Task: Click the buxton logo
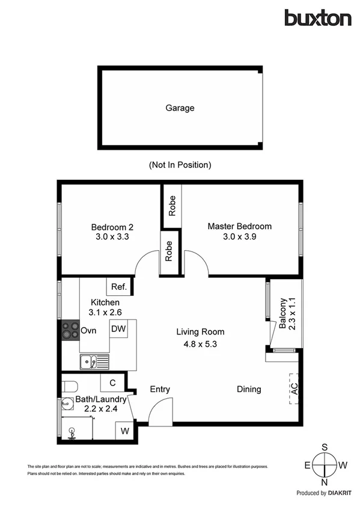click(x=317, y=17)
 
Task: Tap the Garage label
click(x=180, y=108)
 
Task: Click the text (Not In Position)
click(x=180, y=164)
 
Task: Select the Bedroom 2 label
click(x=112, y=227)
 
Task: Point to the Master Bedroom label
click(x=239, y=226)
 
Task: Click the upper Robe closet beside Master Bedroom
click(x=172, y=206)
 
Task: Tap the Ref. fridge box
click(x=115, y=287)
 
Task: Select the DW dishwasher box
click(x=118, y=329)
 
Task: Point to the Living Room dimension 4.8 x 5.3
click(x=200, y=345)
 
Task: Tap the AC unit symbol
click(x=293, y=389)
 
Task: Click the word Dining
click(x=248, y=389)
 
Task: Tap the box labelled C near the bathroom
click(x=112, y=382)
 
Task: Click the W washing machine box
click(x=125, y=431)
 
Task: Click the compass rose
click(x=325, y=465)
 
